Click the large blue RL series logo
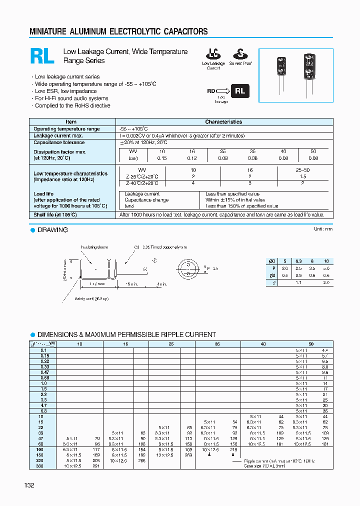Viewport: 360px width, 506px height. click(42, 56)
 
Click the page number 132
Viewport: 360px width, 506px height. click(29, 485)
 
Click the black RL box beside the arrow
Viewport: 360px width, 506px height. click(240, 91)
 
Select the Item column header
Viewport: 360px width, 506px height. click(71, 121)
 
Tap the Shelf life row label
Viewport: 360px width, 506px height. click(55, 214)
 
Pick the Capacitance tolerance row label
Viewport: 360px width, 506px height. click(59, 142)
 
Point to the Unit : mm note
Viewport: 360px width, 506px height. click(322, 229)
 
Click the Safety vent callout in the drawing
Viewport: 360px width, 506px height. click(91, 298)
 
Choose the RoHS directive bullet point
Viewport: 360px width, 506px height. click(72, 105)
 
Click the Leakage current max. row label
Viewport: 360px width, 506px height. click(58, 135)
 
